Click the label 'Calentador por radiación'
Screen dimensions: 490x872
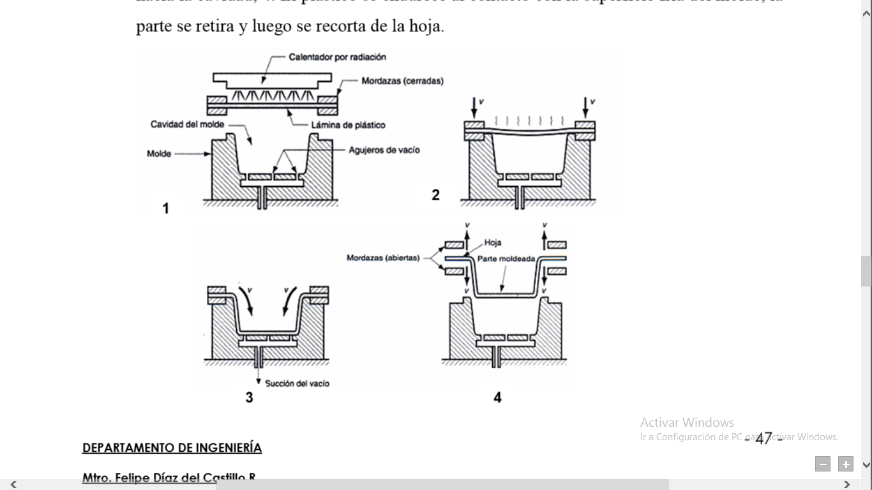point(337,57)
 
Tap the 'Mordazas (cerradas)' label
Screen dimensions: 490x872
point(402,81)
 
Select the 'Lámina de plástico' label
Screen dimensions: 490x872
point(348,125)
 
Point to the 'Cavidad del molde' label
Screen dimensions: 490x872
point(187,124)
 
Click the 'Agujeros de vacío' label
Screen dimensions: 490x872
point(384,150)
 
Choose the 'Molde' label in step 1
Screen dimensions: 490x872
point(159,154)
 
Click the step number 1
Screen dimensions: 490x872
point(166,209)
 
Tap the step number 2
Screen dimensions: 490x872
point(435,195)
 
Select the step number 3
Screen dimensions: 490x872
point(249,397)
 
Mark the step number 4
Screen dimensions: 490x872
point(497,397)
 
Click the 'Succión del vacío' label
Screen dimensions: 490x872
point(297,383)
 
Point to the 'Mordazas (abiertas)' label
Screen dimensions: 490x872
point(383,258)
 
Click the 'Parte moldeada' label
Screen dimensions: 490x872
point(506,258)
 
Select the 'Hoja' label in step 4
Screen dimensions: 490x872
point(493,242)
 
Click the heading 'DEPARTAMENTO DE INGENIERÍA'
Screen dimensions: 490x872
point(172,448)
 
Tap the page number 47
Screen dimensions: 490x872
point(763,438)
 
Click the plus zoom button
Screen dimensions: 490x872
point(846,464)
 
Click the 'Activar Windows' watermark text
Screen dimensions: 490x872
point(687,422)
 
